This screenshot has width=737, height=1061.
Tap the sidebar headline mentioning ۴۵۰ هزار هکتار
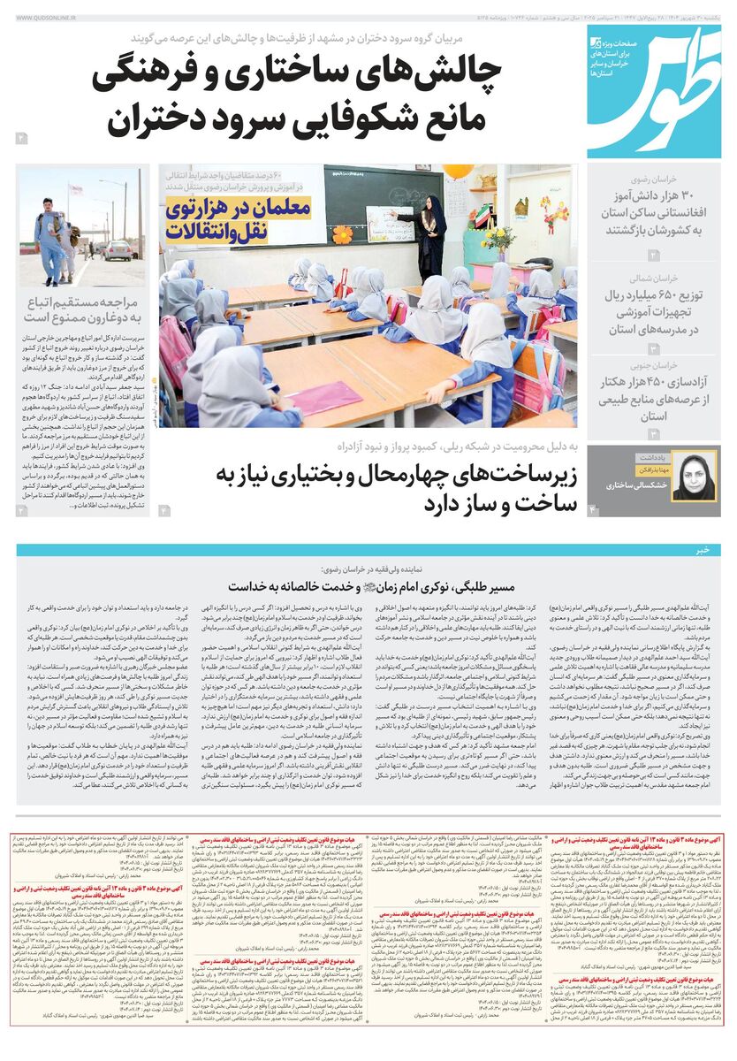tap(654, 399)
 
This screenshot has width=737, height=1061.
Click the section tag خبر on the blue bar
tap(702, 550)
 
